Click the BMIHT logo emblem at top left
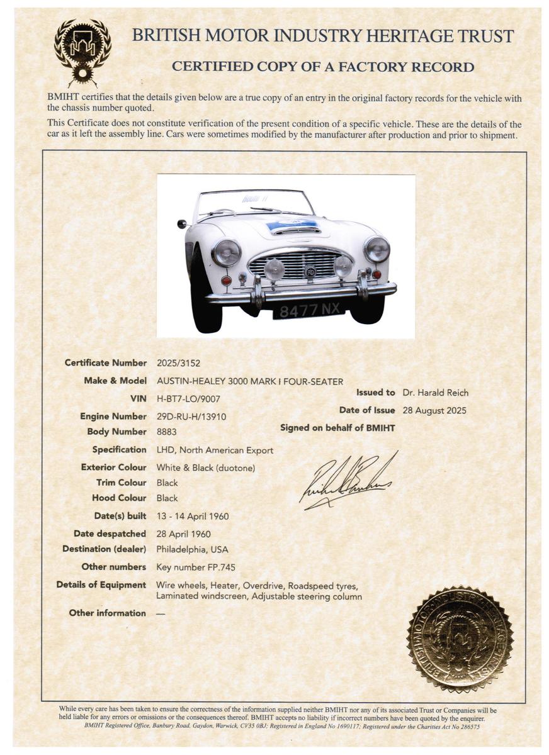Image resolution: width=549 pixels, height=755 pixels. tap(82, 50)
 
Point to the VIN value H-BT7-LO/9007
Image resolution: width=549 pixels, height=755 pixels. tap(188, 398)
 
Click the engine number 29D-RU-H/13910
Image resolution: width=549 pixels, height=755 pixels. tap(191, 416)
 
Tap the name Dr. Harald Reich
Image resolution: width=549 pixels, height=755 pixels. tap(436, 393)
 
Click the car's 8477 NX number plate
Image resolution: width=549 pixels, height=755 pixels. tap(308, 308)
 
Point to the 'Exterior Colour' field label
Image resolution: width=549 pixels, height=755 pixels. tap(113, 467)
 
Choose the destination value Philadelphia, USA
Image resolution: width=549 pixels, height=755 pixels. tap(192, 549)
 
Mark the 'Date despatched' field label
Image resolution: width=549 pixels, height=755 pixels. tap(110, 534)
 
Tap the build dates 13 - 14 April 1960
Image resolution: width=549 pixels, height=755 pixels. tap(192, 516)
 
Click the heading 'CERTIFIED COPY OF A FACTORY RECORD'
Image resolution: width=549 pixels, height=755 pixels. tap(323, 67)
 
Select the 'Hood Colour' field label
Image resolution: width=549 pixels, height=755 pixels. tap(119, 498)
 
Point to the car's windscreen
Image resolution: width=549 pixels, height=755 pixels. tap(255, 203)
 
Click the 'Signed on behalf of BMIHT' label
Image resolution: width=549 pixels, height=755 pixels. tap(337, 428)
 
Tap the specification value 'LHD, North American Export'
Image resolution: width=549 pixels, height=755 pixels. tap(215, 450)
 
